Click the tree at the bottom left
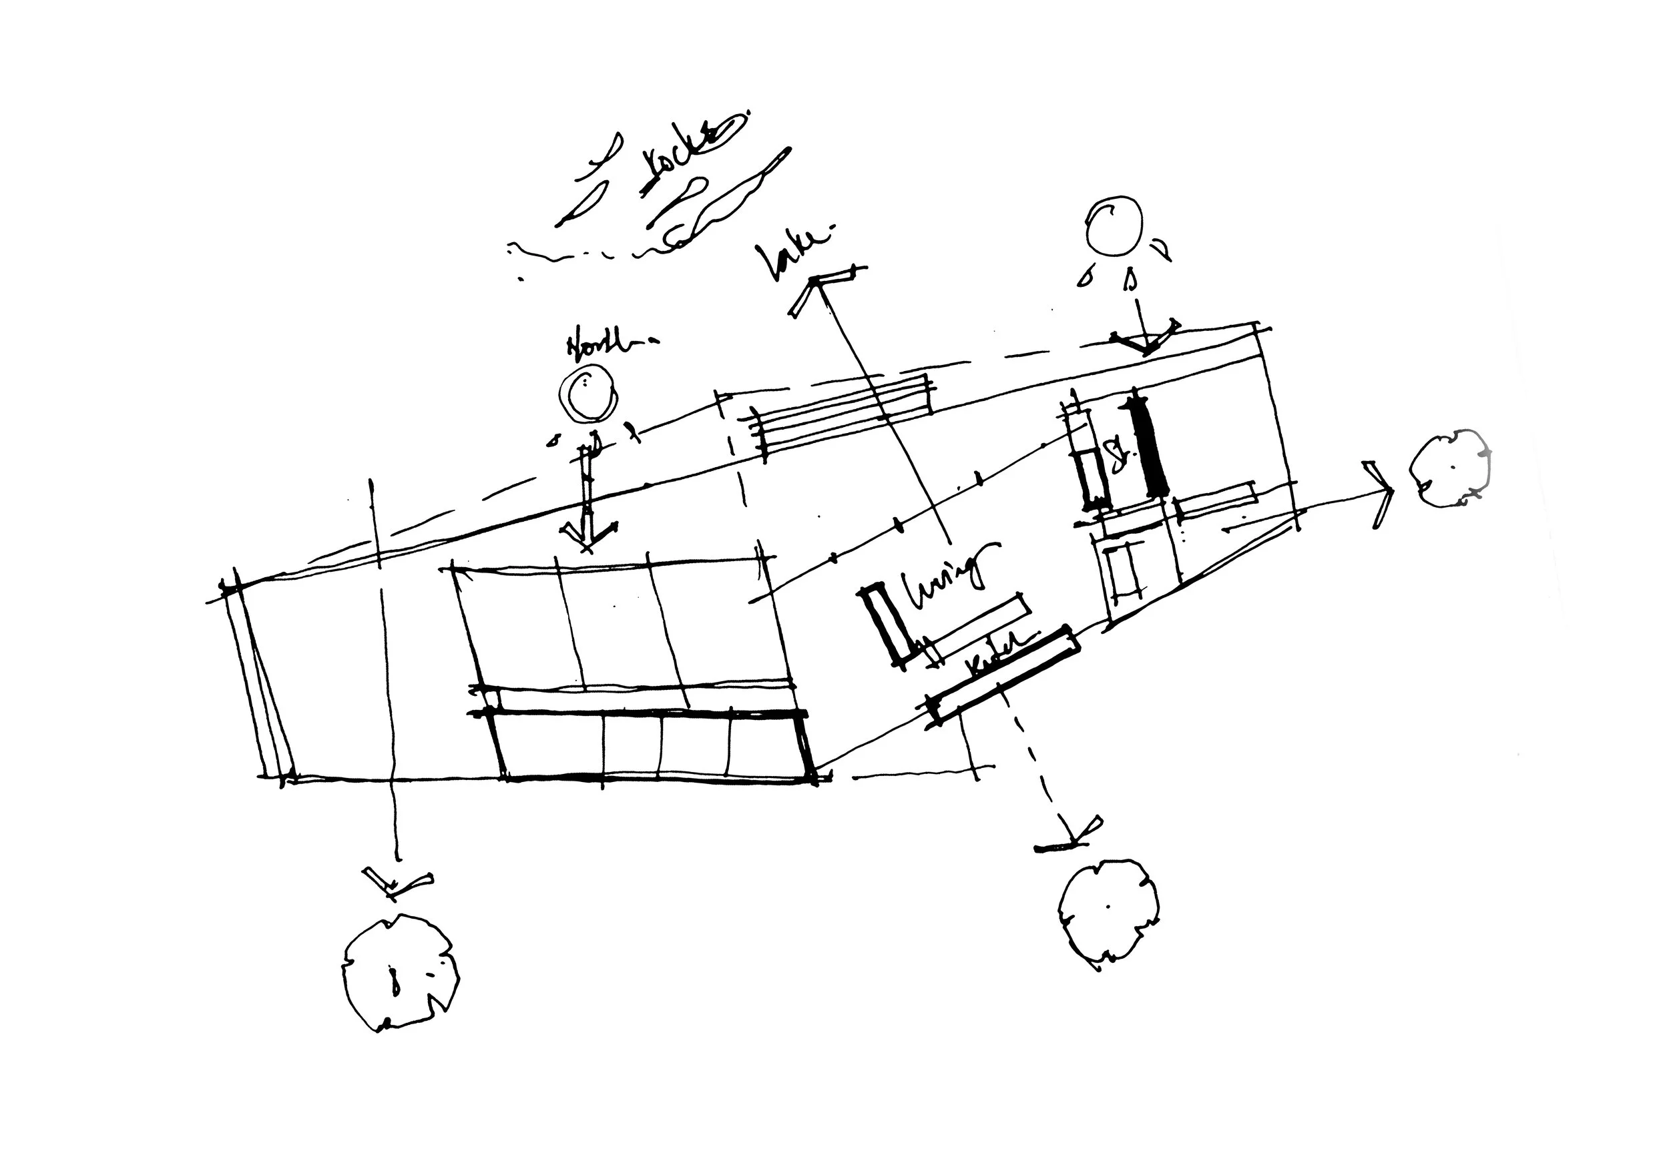coord(401,973)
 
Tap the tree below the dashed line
coord(1108,912)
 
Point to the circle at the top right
coord(1113,226)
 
